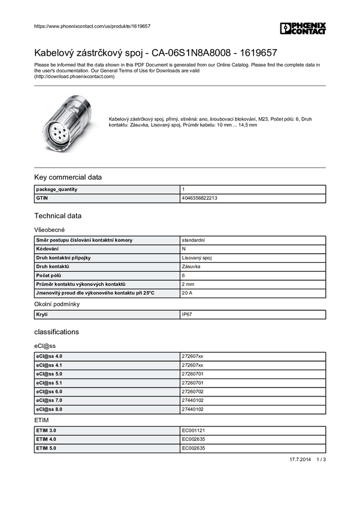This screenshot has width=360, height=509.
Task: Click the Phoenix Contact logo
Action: (x=303, y=28)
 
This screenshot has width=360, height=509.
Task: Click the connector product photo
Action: (x=67, y=122)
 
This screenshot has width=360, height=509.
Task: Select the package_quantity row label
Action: (x=57, y=189)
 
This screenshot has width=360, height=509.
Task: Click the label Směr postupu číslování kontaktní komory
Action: (x=84, y=240)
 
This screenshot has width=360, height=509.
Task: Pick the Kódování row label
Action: (x=47, y=249)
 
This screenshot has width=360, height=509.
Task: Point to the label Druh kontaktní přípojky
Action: (x=63, y=257)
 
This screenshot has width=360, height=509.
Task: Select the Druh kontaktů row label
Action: (x=53, y=266)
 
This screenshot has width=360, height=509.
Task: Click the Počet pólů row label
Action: (x=49, y=275)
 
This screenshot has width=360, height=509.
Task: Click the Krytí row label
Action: (x=43, y=314)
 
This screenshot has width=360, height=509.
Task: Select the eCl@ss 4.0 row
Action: (x=49, y=356)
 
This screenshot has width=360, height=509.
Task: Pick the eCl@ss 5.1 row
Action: (x=49, y=383)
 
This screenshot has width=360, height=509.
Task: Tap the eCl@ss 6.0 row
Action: (x=49, y=392)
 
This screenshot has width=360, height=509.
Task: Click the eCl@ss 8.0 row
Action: (x=49, y=410)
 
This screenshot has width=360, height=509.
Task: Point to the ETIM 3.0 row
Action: (x=46, y=431)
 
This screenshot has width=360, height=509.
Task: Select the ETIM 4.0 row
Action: (x=46, y=440)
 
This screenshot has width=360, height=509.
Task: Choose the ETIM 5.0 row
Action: (x=46, y=448)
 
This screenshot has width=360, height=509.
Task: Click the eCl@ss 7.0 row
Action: (x=49, y=401)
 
